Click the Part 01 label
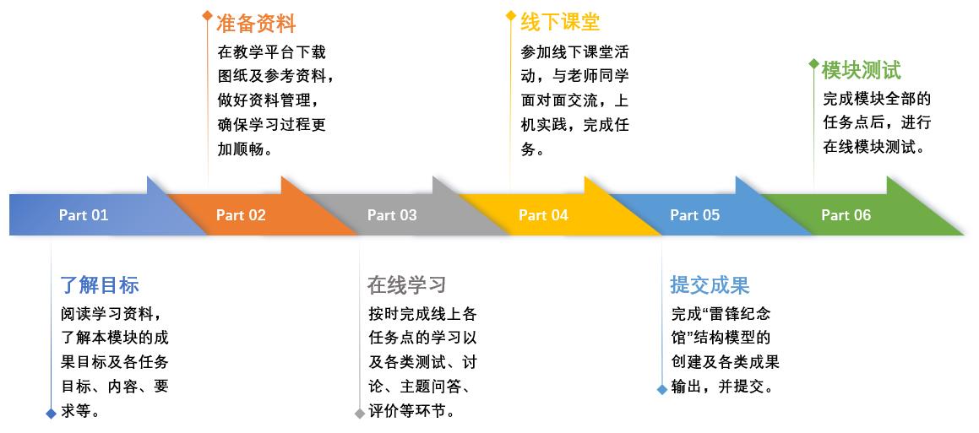click(84, 215)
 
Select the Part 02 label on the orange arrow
click(241, 215)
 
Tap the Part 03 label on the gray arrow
click(392, 215)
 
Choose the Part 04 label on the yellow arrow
click(543, 215)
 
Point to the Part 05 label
click(694, 215)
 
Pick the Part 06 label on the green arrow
click(846, 215)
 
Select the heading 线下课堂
click(560, 22)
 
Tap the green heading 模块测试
click(862, 70)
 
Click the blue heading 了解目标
click(99, 285)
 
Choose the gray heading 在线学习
click(406, 285)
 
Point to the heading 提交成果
click(710, 285)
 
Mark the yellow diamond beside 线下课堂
click(510, 15)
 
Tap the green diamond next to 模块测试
click(813, 63)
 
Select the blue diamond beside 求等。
click(52, 413)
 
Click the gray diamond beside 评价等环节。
click(359, 413)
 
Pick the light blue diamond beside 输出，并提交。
click(661, 389)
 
